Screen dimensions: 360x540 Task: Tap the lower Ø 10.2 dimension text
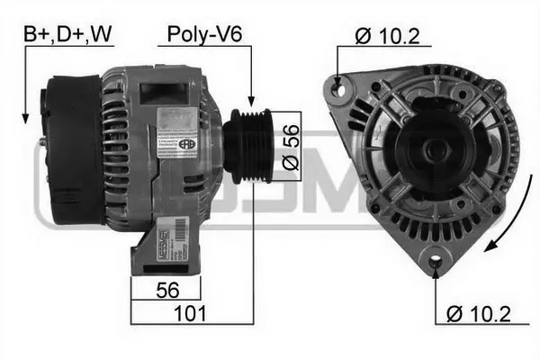tap(481, 314)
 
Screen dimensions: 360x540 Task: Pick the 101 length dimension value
tap(192, 313)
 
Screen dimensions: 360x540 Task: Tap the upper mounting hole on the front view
tap(339, 87)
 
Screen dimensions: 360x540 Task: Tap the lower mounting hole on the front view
tap(436, 262)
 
